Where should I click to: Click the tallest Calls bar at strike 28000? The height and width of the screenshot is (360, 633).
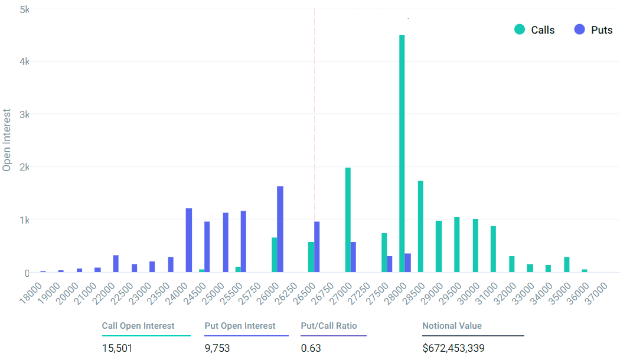click(x=402, y=153)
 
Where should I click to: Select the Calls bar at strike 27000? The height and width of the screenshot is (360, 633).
click(x=348, y=220)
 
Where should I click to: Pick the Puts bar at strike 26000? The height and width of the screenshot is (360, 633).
click(x=280, y=229)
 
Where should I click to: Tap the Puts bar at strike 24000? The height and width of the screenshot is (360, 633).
click(x=189, y=240)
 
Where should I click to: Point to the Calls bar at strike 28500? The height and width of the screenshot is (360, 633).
click(x=420, y=227)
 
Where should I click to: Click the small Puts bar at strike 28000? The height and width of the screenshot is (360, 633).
click(x=408, y=263)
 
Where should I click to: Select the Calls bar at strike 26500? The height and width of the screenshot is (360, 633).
click(x=311, y=257)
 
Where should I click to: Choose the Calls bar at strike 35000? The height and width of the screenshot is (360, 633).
click(x=567, y=264)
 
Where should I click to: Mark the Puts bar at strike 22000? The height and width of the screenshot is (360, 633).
click(x=116, y=264)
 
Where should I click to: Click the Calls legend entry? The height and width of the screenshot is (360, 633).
click(x=534, y=30)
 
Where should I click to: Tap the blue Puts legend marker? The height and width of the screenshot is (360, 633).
click(x=579, y=30)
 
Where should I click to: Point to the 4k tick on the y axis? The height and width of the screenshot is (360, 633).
click(x=25, y=61)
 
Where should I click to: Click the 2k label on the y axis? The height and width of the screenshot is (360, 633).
click(x=25, y=167)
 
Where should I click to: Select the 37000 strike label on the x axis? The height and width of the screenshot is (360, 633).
click(x=596, y=293)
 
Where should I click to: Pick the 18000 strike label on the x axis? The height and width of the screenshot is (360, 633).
click(x=31, y=293)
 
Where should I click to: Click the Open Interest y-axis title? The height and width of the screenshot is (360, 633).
click(x=6, y=140)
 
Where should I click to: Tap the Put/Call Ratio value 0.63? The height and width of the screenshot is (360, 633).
click(x=311, y=348)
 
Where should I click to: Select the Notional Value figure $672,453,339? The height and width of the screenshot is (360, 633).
click(x=453, y=348)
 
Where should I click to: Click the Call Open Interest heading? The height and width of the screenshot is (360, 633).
click(x=138, y=326)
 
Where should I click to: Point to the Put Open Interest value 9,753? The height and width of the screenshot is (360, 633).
click(x=217, y=348)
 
